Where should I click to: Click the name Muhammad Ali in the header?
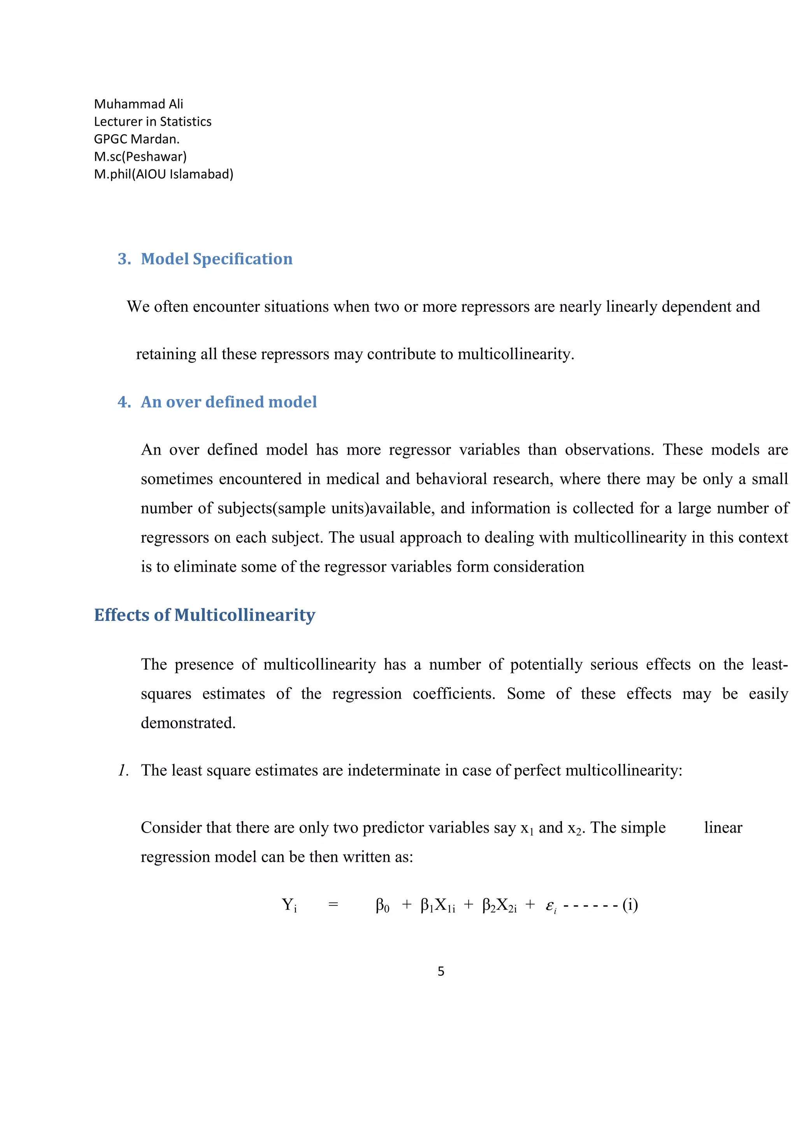138,104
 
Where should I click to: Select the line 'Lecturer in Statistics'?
152,122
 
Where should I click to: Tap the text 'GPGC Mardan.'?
137,139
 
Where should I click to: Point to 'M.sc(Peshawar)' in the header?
140,157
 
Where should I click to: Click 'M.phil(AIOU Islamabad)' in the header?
163,174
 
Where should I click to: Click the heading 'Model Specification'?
216,259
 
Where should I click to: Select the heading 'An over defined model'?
228,402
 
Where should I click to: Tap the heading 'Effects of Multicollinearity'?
204,615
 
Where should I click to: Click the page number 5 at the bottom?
441,971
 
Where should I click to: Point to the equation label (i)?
630,905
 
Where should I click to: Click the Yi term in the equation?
289,905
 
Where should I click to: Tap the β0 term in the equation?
382,905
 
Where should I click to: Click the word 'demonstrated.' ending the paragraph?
188,723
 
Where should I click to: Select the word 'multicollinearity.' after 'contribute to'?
516,354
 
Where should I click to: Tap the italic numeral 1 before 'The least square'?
123,770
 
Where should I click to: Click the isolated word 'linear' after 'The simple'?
722,828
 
